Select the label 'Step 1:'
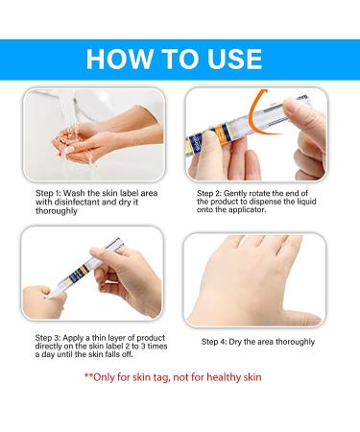point(48,193)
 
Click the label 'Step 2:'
point(209,193)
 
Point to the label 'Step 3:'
point(48,338)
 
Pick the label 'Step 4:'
point(214,342)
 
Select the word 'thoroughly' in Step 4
point(296,342)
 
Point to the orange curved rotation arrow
point(253,113)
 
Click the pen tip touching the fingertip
point(48,296)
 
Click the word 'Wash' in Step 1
point(74,193)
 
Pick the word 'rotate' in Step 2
point(259,193)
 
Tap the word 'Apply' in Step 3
point(73,338)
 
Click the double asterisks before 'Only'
point(88,375)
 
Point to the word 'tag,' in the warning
point(161,378)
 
